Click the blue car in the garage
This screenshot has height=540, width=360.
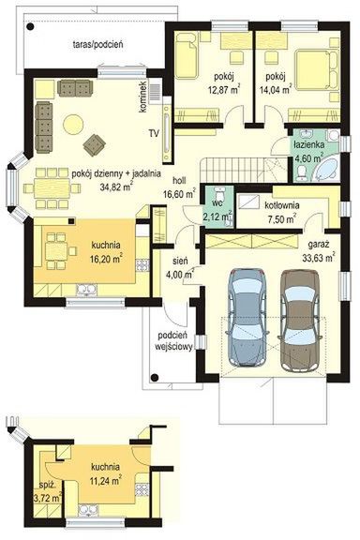pos(247,317)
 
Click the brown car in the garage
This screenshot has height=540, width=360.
pos(299,321)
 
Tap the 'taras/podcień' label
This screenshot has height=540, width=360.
pos(98,44)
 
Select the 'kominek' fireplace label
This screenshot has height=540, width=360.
pos(142,97)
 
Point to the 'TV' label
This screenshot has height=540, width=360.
pos(154,133)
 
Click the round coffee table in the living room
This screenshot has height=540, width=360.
pos(73,124)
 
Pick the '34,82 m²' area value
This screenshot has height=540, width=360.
pos(116,187)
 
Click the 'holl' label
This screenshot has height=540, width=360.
pos(179,179)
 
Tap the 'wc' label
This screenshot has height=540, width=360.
pos(217,203)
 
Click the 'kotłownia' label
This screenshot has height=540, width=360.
pos(282,205)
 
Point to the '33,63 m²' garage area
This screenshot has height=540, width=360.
pos(319,257)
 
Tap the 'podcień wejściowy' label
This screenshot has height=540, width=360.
pos(173,341)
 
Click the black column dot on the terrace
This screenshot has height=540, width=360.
pos(31,25)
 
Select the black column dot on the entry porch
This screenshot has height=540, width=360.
pos(155,377)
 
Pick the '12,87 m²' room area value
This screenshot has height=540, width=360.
pos(224,90)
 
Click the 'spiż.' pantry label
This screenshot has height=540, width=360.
pos(48,486)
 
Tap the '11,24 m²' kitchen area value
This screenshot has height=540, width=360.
pos(105,480)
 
